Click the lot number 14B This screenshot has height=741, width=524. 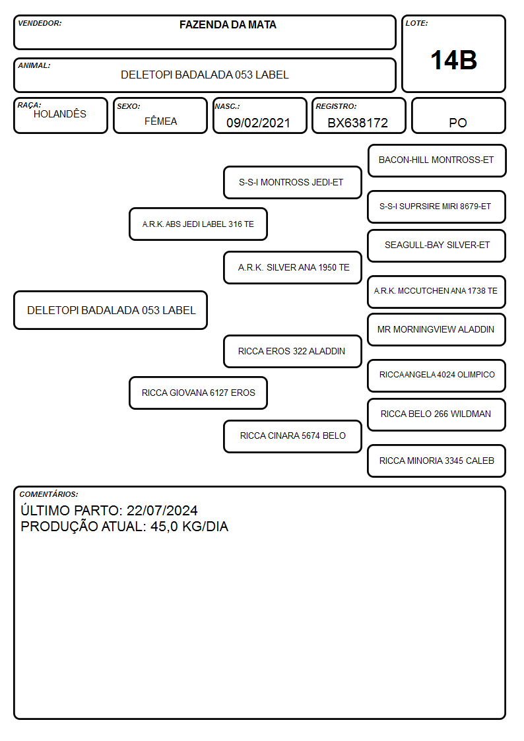coord(453,61)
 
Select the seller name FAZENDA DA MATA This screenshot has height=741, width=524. coord(228,24)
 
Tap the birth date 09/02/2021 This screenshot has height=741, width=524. coord(258,123)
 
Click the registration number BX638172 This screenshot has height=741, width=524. coord(358,123)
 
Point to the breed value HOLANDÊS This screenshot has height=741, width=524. coord(60,113)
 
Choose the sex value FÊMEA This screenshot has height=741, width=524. coord(160,121)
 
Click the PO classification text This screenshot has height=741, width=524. coord(458,123)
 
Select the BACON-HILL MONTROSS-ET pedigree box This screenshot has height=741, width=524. coord(437,161)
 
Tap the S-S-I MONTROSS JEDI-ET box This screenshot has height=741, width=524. coord(292,182)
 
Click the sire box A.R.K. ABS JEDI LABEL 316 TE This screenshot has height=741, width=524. coord(198,224)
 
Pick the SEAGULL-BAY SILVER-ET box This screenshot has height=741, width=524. coord(437,245)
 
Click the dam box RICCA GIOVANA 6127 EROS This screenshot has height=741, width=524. coord(198,393)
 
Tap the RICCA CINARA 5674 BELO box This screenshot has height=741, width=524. coord(292,436)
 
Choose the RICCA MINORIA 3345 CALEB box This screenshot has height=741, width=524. coord(437,461)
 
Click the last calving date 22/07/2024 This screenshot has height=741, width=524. coord(162,511)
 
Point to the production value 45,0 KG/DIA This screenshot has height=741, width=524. coord(189,527)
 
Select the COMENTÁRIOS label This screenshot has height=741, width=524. coord(49,494)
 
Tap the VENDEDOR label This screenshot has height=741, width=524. coord(40,23)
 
